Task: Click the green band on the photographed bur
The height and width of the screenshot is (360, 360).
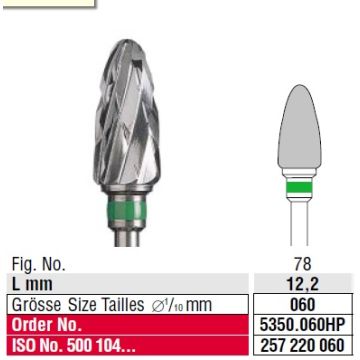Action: tap(126, 211)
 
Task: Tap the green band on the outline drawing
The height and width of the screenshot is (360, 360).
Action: tap(299, 188)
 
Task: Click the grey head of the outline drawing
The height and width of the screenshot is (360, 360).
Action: tap(299, 127)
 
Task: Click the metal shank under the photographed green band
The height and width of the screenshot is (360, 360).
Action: tap(127, 236)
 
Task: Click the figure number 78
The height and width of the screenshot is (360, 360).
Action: tap(303, 264)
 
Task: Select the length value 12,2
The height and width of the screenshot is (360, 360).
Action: tap(303, 284)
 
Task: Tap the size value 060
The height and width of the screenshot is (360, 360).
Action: tap(303, 304)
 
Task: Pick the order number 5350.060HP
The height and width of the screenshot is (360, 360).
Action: tap(303, 324)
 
